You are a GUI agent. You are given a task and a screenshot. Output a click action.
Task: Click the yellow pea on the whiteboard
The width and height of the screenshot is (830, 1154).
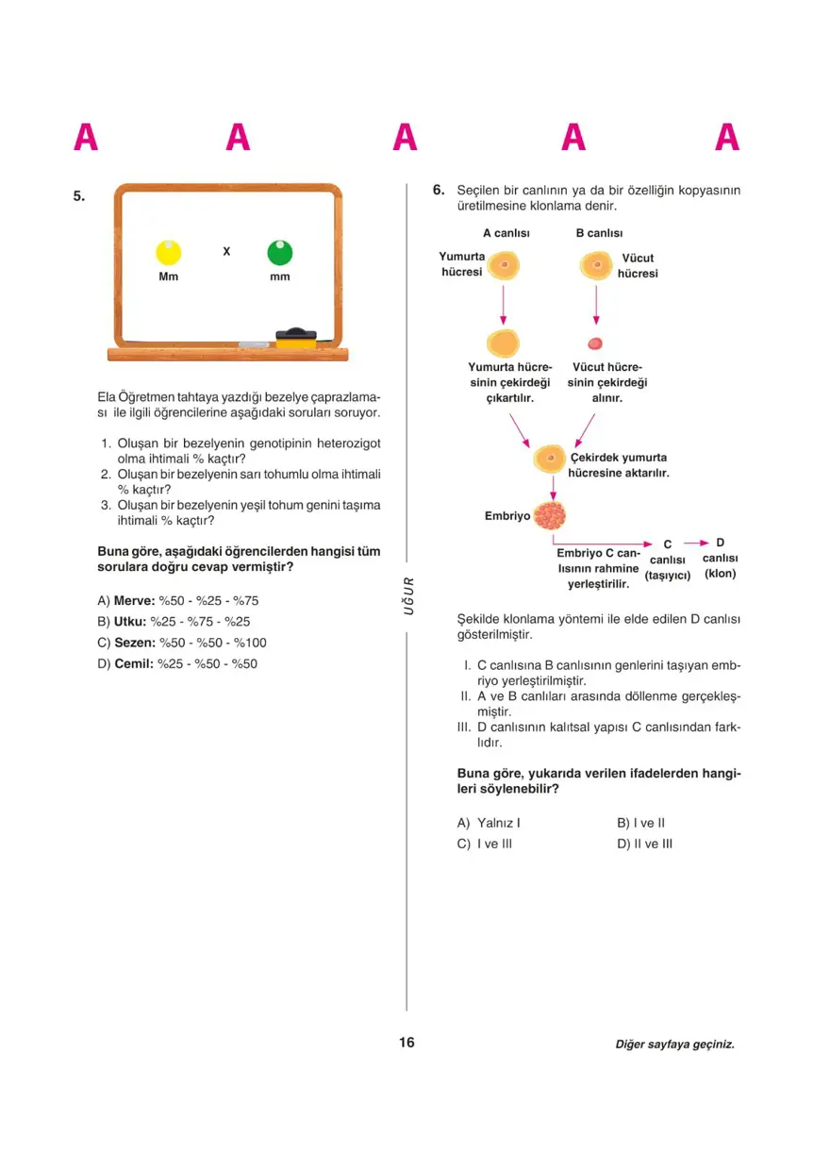click(x=168, y=252)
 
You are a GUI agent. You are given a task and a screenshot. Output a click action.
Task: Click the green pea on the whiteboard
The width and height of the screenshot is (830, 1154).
click(x=280, y=252)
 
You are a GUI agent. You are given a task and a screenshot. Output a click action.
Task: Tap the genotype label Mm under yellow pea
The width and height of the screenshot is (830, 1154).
click(x=168, y=276)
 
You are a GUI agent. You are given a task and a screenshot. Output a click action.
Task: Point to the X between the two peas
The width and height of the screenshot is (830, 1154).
click(x=226, y=252)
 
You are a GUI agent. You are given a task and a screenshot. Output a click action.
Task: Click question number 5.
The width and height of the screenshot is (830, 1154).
click(x=79, y=196)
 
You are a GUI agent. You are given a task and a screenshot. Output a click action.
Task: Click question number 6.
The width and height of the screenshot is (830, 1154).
click(x=439, y=190)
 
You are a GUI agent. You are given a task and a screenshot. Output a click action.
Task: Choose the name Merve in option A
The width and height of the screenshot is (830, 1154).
click(x=134, y=601)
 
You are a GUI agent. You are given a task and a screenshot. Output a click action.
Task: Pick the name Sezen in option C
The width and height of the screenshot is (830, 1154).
click(x=134, y=643)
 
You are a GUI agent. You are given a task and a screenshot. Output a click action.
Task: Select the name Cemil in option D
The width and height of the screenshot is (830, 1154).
click(x=134, y=663)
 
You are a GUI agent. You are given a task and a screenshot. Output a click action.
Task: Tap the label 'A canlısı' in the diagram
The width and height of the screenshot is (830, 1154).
click(x=506, y=233)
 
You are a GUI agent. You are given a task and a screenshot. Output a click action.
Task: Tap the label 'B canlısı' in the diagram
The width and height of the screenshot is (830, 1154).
click(x=599, y=233)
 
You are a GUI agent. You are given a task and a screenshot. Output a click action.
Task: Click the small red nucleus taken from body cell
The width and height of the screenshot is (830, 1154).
click(x=595, y=343)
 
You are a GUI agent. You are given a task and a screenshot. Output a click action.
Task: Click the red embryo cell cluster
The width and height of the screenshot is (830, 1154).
click(x=549, y=515)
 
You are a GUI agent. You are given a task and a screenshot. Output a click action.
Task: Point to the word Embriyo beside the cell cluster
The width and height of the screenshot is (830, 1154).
click(x=507, y=516)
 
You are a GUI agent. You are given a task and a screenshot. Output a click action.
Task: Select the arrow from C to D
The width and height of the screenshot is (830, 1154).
click(x=696, y=544)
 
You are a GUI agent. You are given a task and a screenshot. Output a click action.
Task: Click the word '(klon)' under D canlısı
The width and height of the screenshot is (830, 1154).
click(x=720, y=574)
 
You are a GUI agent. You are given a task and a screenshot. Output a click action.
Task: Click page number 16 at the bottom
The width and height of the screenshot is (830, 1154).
click(x=407, y=1043)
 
